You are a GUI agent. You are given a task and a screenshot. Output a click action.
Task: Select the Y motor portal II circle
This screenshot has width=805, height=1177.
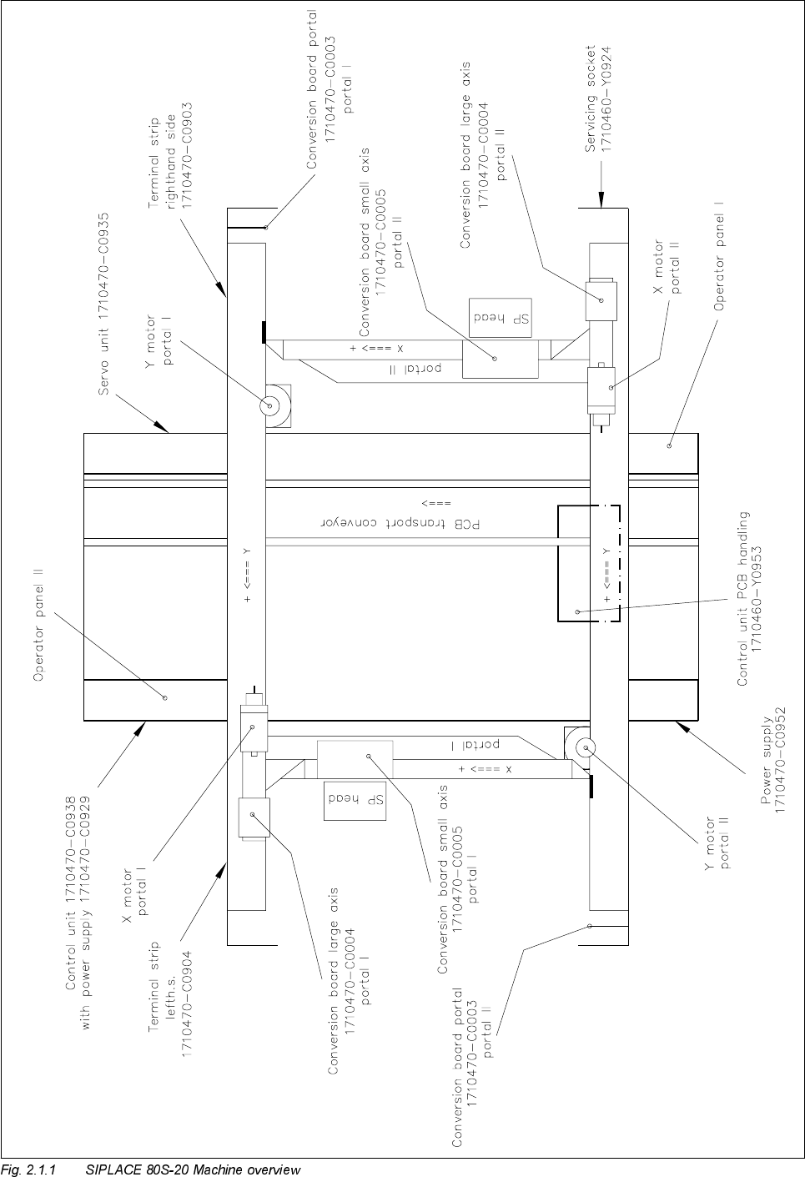tap(581, 747)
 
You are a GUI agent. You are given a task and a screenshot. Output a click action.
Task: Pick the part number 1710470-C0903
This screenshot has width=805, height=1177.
tap(188, 156)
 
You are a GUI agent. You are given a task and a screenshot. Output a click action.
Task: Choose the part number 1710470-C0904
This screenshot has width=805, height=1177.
tap(187, 1005)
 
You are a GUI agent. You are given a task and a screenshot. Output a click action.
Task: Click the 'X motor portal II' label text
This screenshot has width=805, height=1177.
tap(667, 267)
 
